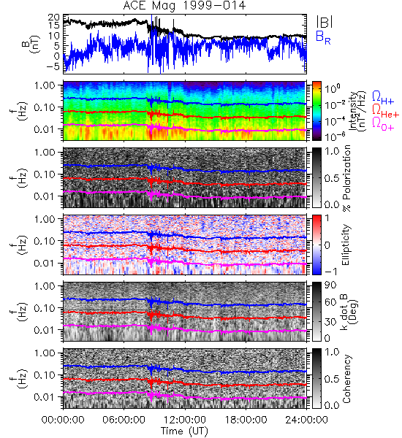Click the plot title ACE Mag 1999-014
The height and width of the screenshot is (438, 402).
[x=185, y=6]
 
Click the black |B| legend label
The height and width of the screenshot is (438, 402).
[x=325, y=22]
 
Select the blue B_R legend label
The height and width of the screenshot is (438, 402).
[x=323, y=37]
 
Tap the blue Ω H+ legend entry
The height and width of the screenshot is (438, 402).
[x=383, y=98]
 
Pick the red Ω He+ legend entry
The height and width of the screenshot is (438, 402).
[x=385, y=111]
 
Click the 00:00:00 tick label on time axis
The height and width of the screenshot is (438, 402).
[x=63, y=420]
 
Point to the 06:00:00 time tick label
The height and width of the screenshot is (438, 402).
[x=124, y=420]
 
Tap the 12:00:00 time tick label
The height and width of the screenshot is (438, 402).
[x=185, y=420]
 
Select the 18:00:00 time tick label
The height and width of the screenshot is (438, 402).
[x=246, y=420]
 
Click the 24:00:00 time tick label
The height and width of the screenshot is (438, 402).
[x=306, y=420]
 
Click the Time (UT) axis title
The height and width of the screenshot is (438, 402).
[x=184, y=431]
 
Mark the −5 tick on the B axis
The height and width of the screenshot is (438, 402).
[x=53, y=66]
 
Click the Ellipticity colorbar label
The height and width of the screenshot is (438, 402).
[x=346, y=245]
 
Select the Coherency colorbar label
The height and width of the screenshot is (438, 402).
[x=346, y=379]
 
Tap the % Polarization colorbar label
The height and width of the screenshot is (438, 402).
[x=346, y=178]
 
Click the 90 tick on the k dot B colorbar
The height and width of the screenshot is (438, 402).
[x=330, y=285]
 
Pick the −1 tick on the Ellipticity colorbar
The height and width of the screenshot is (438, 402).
[x=330, y=272]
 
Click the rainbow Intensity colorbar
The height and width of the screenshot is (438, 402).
[x=316, y=111]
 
